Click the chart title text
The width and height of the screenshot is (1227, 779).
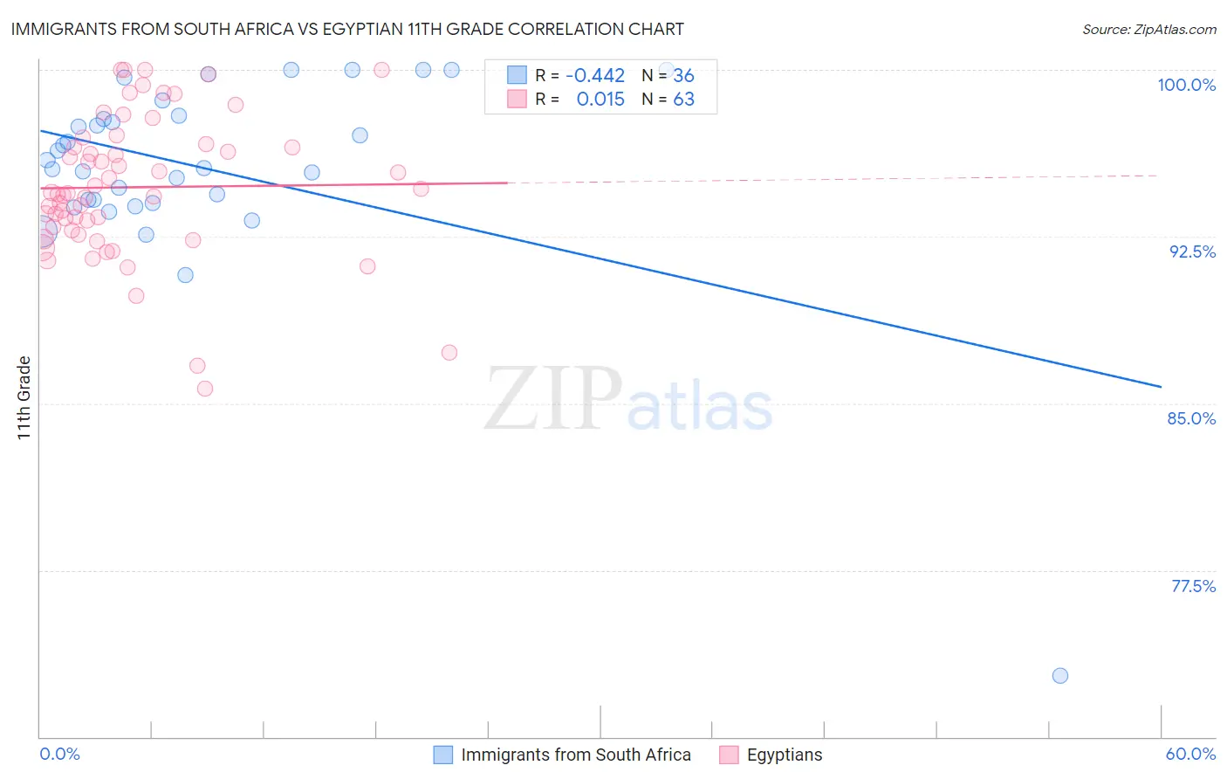(x=347, y=29)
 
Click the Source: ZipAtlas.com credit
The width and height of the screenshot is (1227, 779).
(x=1148, y=29)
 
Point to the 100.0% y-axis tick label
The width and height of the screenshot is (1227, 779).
(x=1186, y=85)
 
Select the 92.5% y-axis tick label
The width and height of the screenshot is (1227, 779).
(x=1192, y=252)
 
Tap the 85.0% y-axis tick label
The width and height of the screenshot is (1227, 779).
(x=1191, y=418)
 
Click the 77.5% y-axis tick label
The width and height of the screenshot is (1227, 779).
(x=1193, y=586)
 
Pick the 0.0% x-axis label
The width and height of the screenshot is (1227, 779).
(x=59, y=754)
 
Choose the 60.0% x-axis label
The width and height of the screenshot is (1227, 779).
(x=1189, y=754)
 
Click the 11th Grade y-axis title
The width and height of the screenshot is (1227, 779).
(x=24, y=397)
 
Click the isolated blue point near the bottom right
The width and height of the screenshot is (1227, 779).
(x=1060, y=675)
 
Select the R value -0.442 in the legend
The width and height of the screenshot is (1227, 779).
(x=594, y=76)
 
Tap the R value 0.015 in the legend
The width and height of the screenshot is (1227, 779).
(x=600, y=100)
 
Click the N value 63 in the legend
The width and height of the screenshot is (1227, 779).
(x=683, y=100)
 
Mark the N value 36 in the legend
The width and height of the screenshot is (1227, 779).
(x=683, y=76)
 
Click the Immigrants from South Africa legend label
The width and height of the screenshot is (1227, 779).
(x=575, y=755)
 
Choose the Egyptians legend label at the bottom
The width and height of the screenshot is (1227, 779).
(x=784, y=755)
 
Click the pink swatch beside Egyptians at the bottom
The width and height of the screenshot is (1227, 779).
(x=729, y=755)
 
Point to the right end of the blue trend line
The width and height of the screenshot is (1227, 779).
(x=1161, y=386)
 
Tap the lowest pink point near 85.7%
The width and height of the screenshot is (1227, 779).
(x=205, y=389)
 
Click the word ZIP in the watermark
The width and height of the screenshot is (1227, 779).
(x=552, y=400)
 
